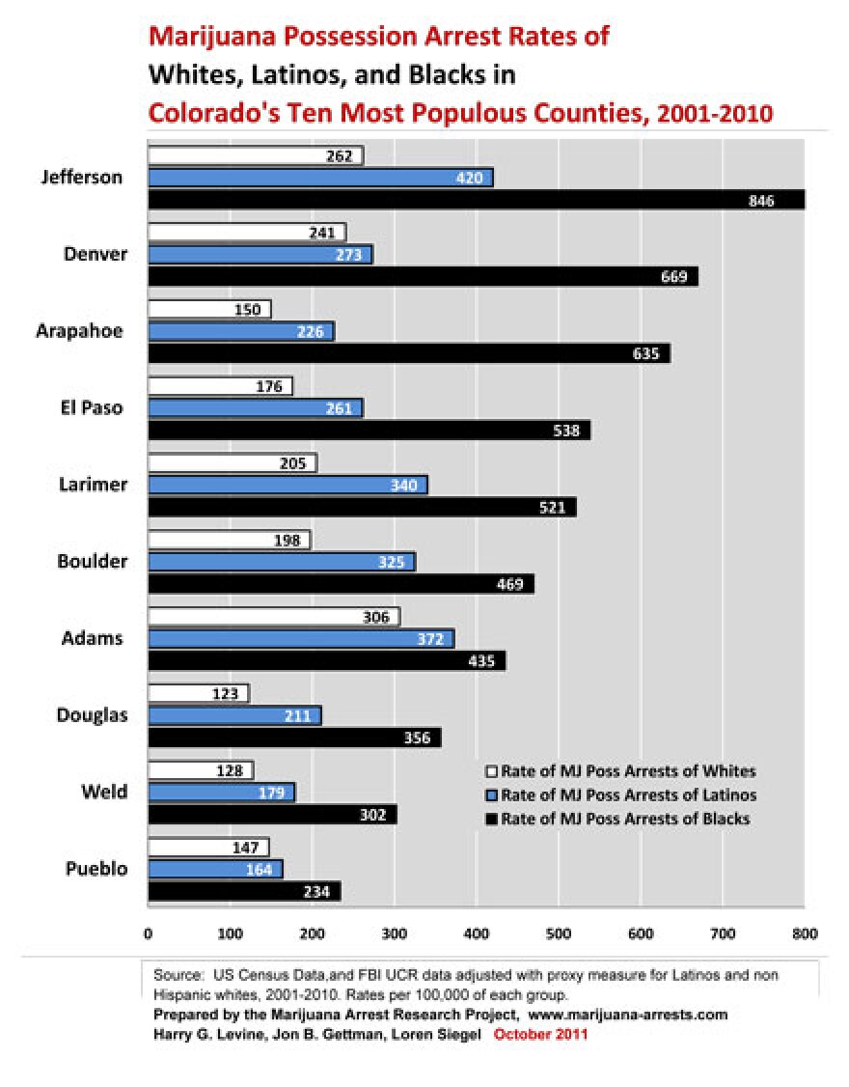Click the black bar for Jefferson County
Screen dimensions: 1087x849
[x=476, y=200]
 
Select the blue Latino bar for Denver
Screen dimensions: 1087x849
[x=260, y=255]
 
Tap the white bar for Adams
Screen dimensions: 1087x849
[x=273, y=617]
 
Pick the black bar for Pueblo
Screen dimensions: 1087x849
[x=244, y=892]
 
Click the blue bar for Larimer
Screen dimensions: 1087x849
[x=288, y=485]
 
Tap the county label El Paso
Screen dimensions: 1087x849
[x=90, y=407]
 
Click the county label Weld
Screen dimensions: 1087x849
[x=104, y=793]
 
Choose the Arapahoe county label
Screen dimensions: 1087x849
[x=80, y=331]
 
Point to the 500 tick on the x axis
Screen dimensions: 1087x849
[x=558, y=934]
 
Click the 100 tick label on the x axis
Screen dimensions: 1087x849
[x=230, y=934]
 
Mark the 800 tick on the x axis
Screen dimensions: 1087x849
[x=805, y=934]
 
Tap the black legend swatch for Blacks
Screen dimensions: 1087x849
[x=491, y=820]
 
